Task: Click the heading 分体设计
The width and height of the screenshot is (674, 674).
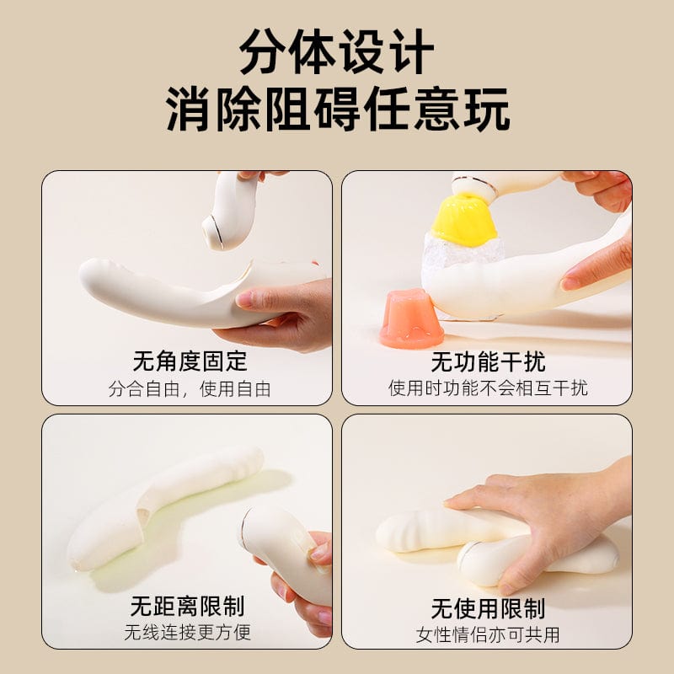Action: pyautogui.click(x=336, y=51)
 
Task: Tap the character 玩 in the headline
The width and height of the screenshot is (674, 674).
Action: pyautogui.click(x=486, y=110)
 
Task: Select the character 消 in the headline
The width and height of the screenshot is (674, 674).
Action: pyautogui.click(x=190, y=110)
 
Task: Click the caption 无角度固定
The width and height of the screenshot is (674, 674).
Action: pyautogui.click(x=190, y=361)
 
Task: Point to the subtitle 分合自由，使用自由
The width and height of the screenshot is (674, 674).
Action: pyautogui.click(x=190, y=389)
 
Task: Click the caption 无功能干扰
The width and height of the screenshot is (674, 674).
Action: pyautogui.click(x=488, y=361)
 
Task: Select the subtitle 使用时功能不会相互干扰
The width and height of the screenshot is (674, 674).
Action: pyautogui.click(x=488, y=388)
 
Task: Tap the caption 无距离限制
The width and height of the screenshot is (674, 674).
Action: pyautogui.click(x=187, y=606)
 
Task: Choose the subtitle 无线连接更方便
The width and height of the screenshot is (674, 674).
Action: pyautogui.click(x=187, y=633)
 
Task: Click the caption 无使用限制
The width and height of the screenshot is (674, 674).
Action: pyautogui.click(x=488, y=608)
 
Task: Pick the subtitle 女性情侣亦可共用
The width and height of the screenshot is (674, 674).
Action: pyautogui.click(x=488, y=635)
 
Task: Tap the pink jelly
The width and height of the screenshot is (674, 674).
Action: pyautogui.click(x=411, y=318)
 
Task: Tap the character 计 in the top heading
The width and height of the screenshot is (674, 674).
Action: pyautogui.click(x=410, y=51)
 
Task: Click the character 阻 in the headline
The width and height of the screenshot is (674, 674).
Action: pyautogui.click(x=288, y=110)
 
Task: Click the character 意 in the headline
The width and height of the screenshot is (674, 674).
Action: pyautogui.click(x=436, y=110)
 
